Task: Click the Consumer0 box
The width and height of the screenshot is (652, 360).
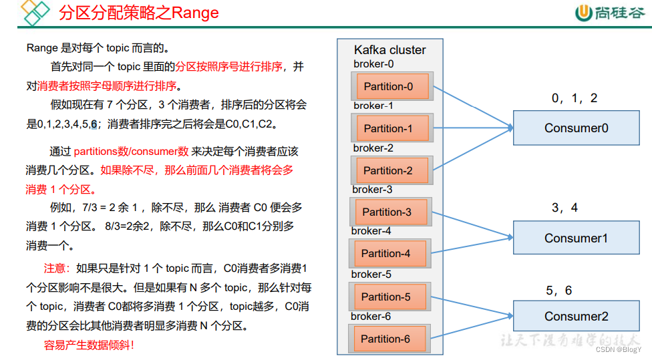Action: pos(576,128)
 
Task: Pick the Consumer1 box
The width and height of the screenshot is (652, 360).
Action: pos(576,238)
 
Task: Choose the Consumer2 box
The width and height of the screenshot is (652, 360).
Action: pos(576,317)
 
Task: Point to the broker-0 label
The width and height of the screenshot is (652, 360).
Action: pos(373,64)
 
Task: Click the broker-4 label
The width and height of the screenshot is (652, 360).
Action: pos(371,231)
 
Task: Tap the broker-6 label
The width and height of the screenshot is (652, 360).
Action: pos(371,316)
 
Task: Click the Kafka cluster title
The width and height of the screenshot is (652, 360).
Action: pos(389,50)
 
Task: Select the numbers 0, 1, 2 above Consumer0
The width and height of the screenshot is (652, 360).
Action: pos(575,98)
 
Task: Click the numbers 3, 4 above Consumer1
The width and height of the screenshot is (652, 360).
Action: pos(564,208)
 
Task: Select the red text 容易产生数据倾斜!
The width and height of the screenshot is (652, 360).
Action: pos(89,345)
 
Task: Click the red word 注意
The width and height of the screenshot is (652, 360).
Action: pos(57,268)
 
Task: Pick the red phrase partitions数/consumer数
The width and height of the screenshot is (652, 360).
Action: pos(131,152)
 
